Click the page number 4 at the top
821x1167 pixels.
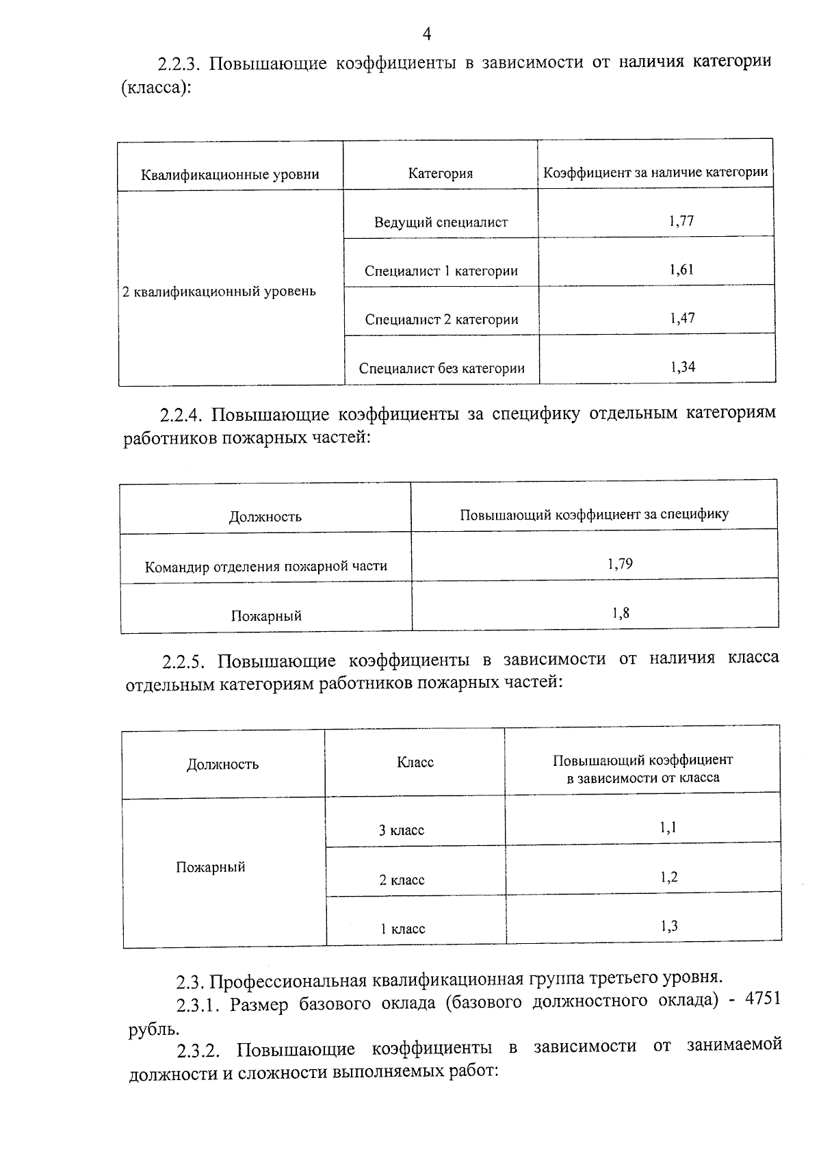pos(426,34)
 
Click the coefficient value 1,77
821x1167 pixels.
pos(681,220)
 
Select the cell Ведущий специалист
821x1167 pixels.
pos(441,222)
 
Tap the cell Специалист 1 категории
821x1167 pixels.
pos(441,271)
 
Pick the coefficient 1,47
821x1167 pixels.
pos(682,318)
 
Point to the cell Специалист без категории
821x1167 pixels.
pos(442,369)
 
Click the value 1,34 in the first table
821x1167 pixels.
pos(683,367)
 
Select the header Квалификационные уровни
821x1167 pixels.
pos(230,175)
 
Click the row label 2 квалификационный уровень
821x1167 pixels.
pos(219,292)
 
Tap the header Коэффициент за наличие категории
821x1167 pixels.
pos(655,172)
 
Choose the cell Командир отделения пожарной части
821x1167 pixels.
pos(266,567)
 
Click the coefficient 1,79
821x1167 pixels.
pos(620,564)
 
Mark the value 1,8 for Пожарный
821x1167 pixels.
pos(621,613)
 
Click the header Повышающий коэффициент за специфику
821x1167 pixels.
pos(594,514)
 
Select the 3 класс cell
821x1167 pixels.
pos(402,831)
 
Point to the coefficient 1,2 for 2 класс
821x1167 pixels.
pos(669,877)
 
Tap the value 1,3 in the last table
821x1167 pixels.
pos(669,927)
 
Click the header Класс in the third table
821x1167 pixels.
pos(415,762)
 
